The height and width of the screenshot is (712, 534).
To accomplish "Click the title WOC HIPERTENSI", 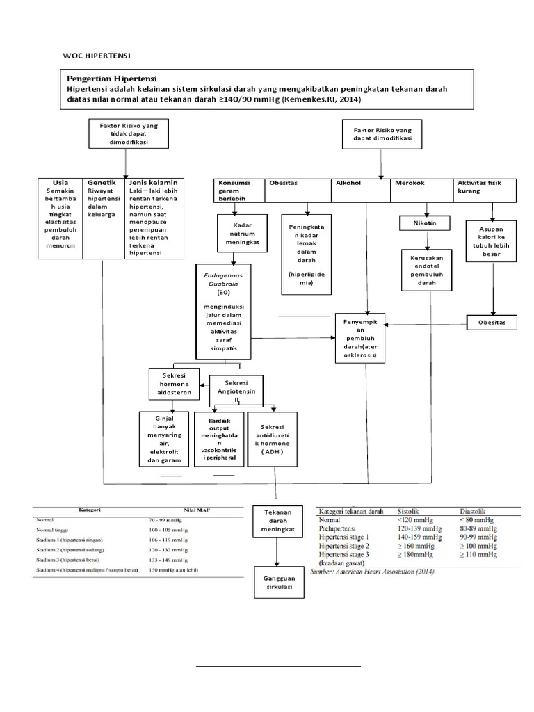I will (97, 55).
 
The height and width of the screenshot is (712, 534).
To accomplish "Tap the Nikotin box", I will (423, 223).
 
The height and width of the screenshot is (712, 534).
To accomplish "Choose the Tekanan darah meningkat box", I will (277, 520).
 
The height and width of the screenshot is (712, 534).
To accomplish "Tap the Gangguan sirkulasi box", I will (277, 582).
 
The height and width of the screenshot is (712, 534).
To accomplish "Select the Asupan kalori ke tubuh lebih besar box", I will (492, 241).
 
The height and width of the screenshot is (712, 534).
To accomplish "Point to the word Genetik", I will (102, 182).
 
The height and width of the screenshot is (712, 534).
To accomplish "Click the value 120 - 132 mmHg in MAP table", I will (168, 549).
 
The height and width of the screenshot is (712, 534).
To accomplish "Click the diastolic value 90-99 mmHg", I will (478, 537).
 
